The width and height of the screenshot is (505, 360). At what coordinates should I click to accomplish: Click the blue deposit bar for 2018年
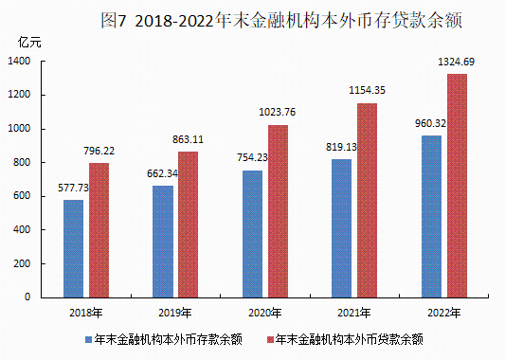[x=73, y=248]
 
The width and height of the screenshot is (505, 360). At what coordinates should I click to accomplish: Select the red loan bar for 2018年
[x=99, y=230]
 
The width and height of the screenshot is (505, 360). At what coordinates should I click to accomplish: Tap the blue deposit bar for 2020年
[x=252, y=233]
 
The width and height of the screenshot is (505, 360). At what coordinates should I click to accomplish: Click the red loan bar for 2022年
[x=457, y=186]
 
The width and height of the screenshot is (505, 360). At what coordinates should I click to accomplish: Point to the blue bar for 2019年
[x=163, y=241]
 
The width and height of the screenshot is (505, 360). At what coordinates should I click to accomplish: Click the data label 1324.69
[x=457, y=62]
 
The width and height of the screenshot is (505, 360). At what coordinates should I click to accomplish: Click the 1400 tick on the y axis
[x=21, y=61]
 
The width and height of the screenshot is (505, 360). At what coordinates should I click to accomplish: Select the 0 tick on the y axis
[x=29, y=297]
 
